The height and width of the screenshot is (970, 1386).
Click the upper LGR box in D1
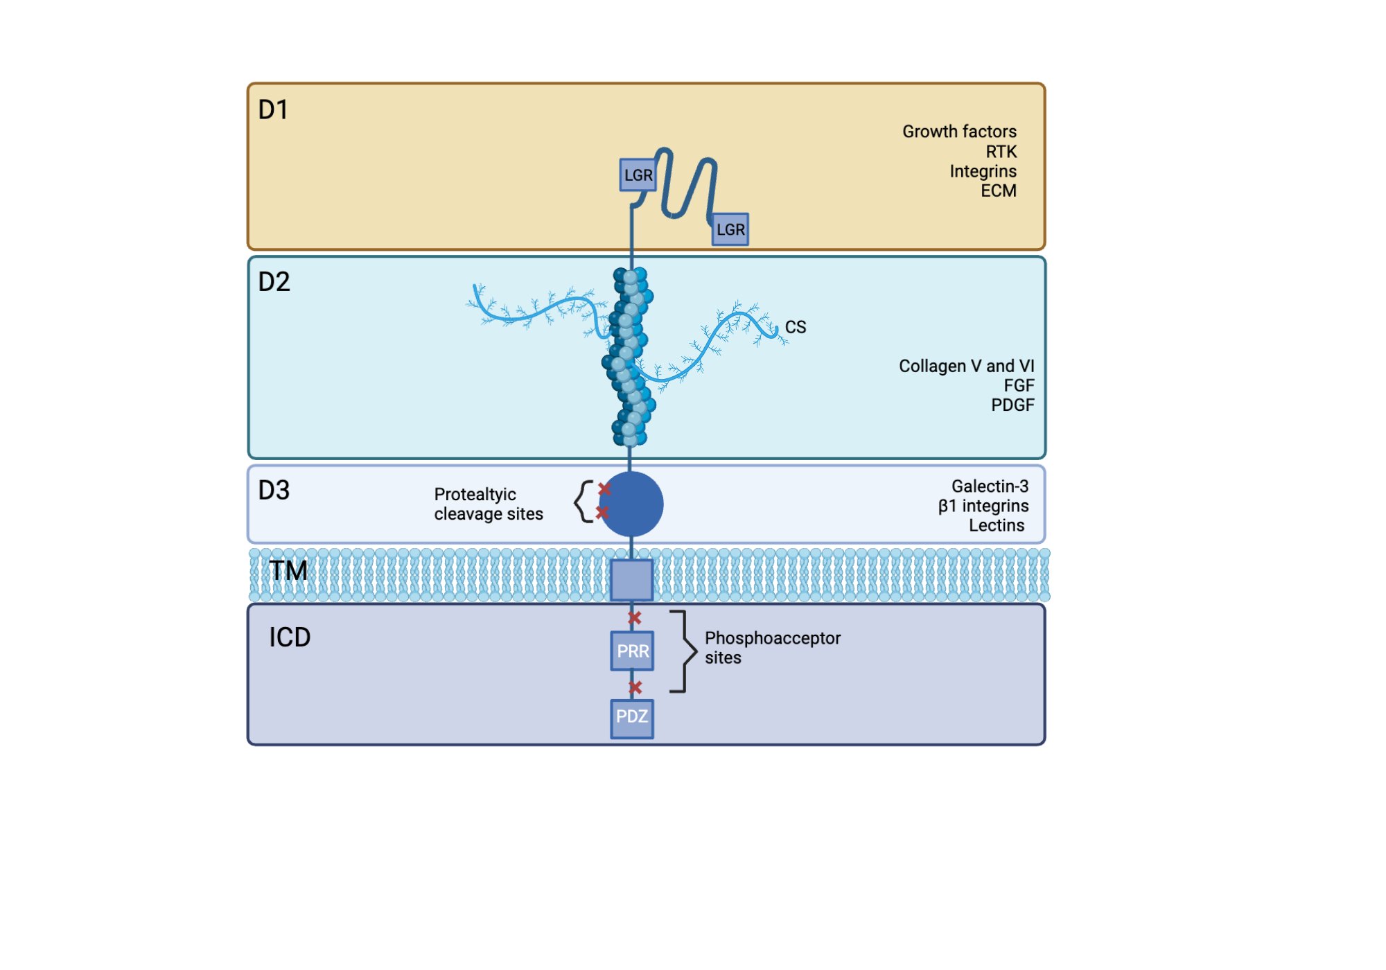tap(638, 175)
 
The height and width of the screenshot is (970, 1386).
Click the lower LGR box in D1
tap(730, 229)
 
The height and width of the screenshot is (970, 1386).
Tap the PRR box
tap(632, 651)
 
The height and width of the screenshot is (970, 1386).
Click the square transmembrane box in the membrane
tap(631, 580)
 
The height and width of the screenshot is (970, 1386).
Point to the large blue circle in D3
tap(632, 504)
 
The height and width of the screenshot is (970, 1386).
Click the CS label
tap(796, 327)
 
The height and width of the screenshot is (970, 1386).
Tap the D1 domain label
tap(273, 109)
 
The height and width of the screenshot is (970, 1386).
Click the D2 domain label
tap(274, 282)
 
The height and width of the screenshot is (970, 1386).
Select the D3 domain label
tap(274, 491)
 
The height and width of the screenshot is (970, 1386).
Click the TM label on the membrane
tap(288, 571)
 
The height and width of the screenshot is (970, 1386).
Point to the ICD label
tap(290, 637)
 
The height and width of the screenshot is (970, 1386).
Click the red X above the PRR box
tap(635, 617)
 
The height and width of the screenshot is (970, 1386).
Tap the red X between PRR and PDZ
tap(635, 687)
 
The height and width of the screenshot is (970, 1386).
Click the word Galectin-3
tap(990, 486)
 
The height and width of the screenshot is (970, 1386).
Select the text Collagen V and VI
tap(966, 366)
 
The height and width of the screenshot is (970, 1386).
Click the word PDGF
tap(1012, 405)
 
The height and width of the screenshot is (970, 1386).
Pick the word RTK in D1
tap(1001, 152)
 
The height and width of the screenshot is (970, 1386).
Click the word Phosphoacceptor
tap(773, 638)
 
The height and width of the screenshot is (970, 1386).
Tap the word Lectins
tap(997, 526)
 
